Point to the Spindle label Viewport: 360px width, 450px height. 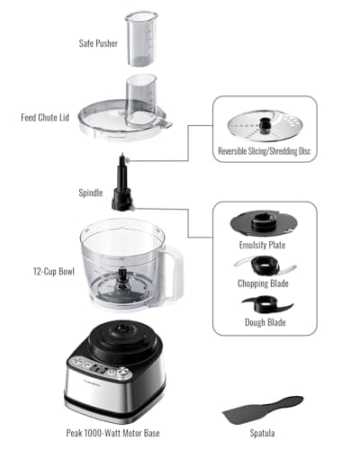[93, 192]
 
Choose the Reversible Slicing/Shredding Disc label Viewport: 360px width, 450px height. [265, 150]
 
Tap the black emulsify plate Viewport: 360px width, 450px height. [265, 222]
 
